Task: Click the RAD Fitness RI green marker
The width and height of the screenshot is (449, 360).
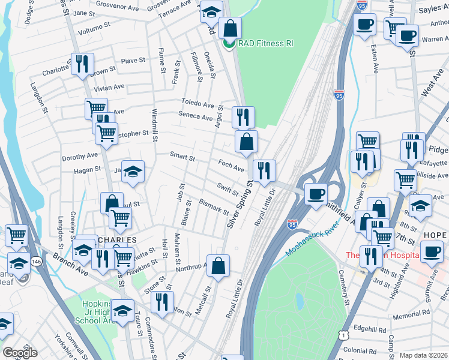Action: click(x=229, y=43)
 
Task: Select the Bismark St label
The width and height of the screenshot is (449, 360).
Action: click(x=214, y=208)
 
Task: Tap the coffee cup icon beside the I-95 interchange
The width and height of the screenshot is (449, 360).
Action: click(x=316, y=194)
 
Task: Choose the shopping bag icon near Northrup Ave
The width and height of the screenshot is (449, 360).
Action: click(x=218, y=265)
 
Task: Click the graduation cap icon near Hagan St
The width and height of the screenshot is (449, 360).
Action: click(x=133, y=171)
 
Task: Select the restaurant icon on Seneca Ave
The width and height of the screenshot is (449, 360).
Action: click(x=243, y=116)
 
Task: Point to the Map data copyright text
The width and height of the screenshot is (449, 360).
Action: click(x=423, y=355)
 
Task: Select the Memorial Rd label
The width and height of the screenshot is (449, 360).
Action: click(x=413, y=313)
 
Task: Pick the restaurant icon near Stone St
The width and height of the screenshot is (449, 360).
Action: click(x=161, y=301)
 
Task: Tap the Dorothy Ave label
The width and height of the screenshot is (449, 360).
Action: click(x=79, y=157)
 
